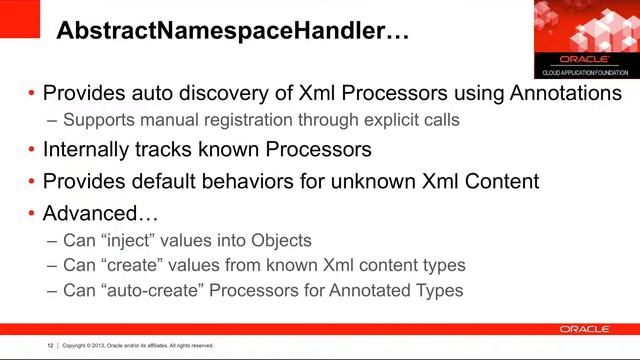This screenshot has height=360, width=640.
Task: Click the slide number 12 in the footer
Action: [50, 346]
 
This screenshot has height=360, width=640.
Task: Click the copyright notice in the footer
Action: [138, 346]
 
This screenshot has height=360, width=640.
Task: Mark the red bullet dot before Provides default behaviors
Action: [32, 183]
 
